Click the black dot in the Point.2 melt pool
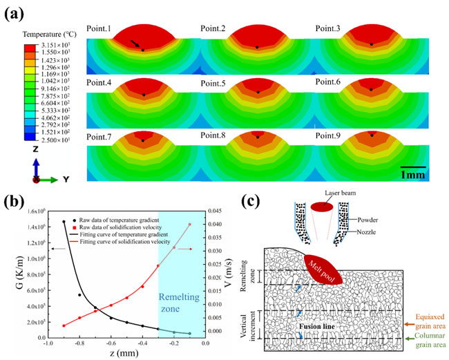click(x=256, y=47)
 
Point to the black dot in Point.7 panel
click(x=142, y=140)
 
